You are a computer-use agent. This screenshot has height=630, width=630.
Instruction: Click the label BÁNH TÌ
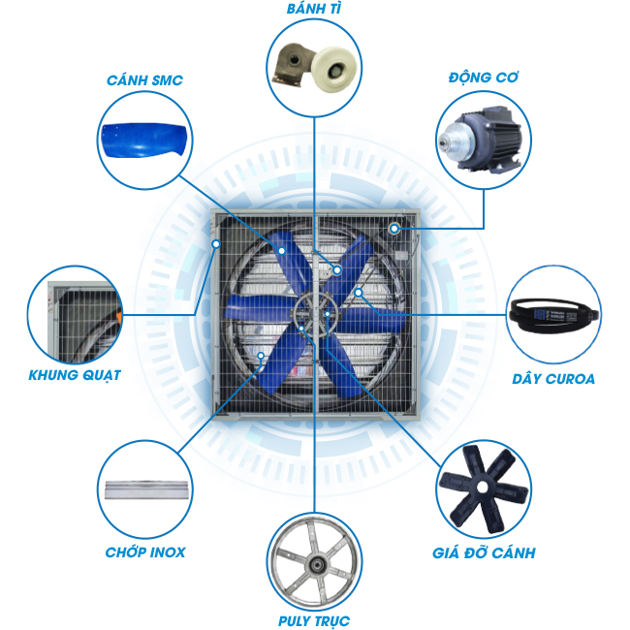314,9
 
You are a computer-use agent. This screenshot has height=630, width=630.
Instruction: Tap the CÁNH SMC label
144,80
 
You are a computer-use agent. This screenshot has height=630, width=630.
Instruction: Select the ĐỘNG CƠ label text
484,78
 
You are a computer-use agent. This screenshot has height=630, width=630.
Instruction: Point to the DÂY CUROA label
553,379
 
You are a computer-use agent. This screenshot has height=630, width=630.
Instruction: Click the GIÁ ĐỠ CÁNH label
484,552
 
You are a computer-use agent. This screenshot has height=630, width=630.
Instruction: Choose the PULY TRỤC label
314,620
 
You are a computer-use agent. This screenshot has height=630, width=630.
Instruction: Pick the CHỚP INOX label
145,552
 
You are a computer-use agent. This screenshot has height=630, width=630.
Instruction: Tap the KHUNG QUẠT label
75,375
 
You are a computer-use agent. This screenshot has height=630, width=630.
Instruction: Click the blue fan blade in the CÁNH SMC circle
143,140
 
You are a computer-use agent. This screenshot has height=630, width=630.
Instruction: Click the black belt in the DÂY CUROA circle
554,316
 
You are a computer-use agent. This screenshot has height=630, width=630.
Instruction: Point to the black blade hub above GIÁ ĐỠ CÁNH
484,488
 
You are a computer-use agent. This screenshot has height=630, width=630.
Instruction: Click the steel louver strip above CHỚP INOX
146,489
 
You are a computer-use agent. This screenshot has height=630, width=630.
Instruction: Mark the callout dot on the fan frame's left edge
216,244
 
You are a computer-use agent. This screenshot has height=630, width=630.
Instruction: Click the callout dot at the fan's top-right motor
394,229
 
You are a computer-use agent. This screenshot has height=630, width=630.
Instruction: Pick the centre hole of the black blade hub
483,488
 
